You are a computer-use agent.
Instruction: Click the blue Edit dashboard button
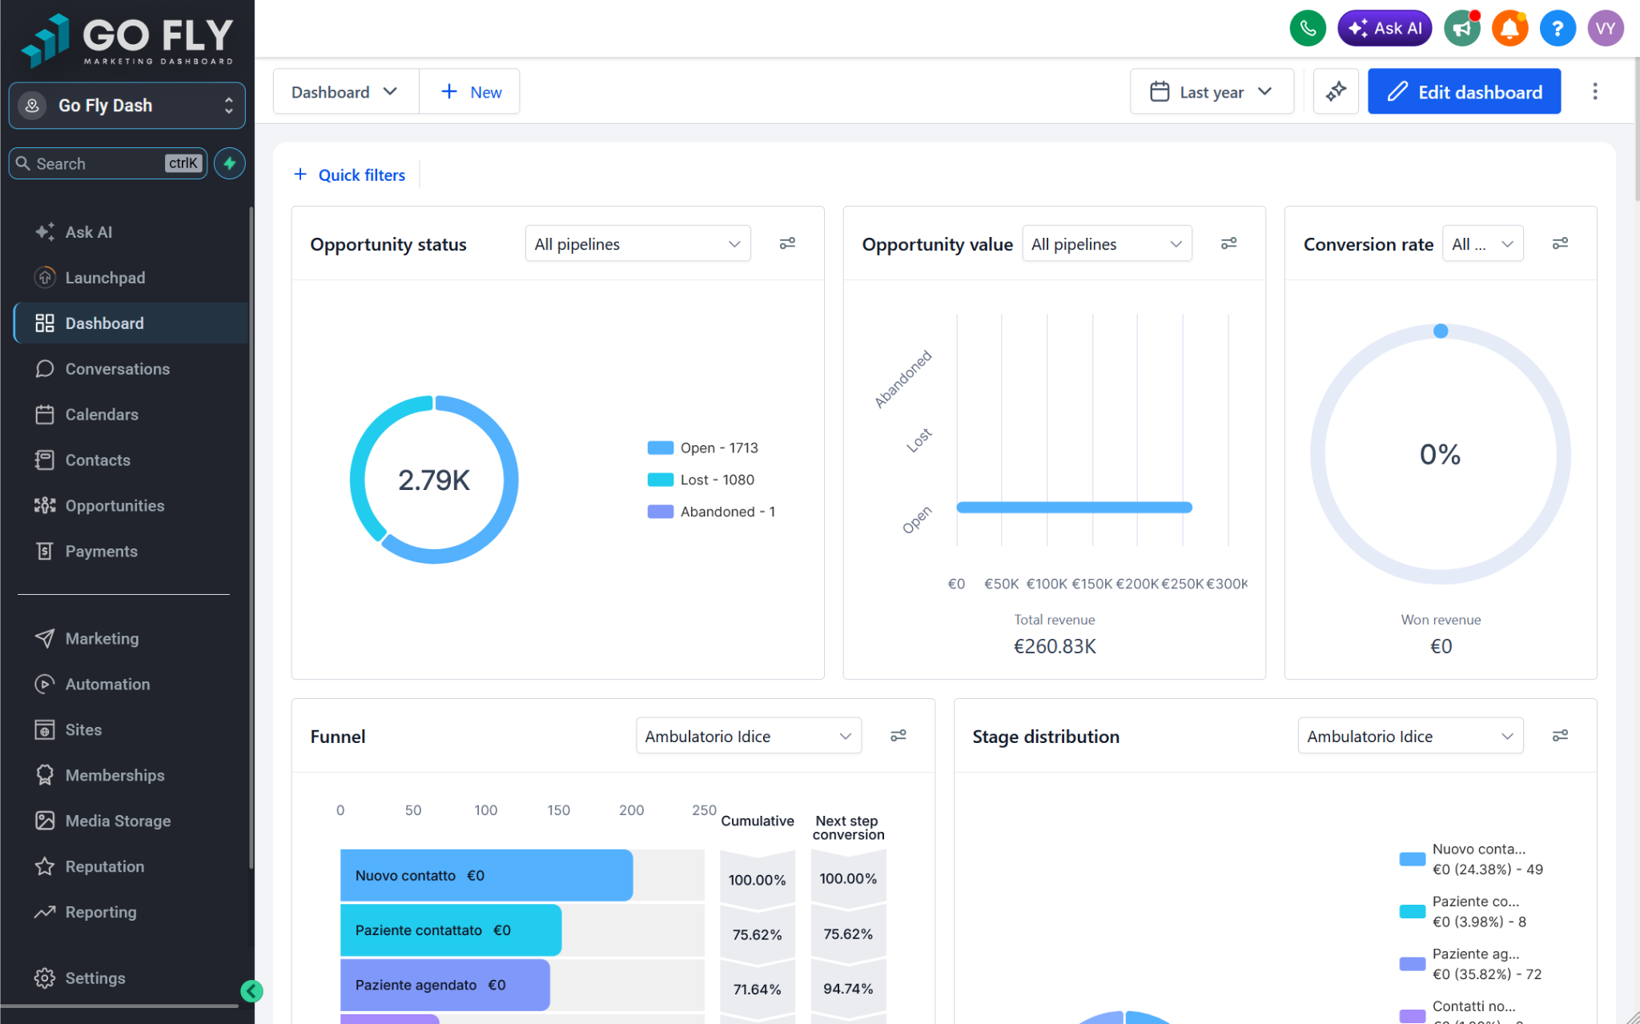1464,92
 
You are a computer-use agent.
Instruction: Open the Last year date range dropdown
1212,92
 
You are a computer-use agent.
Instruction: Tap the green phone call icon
1308,29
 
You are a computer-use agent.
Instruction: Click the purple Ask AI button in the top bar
1385,29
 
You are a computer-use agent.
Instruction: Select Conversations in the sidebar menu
117,369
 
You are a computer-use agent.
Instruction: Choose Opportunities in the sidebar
115,506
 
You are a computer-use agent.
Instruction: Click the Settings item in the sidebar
94,978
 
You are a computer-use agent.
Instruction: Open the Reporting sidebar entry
100,912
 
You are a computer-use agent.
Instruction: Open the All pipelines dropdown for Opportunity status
637,244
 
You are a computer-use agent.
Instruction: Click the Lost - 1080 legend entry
701,480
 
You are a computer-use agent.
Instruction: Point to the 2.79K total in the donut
434,480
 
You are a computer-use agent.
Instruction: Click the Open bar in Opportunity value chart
1075,507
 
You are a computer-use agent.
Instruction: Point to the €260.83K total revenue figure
1055,646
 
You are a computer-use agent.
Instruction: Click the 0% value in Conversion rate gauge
1440,455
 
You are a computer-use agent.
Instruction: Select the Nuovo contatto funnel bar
486,875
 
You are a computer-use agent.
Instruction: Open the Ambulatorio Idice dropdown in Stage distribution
1410,737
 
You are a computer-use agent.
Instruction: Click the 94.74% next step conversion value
848,989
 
